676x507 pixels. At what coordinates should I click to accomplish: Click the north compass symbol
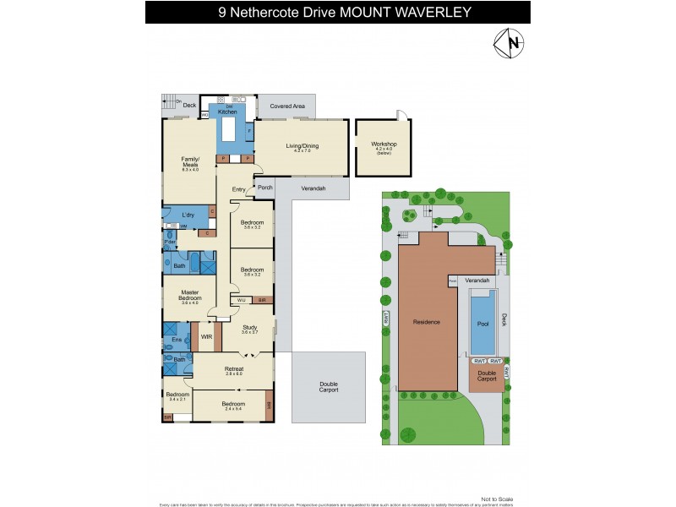tap(508, 43)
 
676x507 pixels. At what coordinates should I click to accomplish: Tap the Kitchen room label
tap(228, 112)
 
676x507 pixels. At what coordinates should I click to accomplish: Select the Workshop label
tap(384, 144)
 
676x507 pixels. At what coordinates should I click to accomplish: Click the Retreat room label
tap(234, 369)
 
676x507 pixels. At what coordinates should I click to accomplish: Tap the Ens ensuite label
tap(177, 340)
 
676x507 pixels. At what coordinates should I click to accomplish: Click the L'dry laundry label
tap(189, 215)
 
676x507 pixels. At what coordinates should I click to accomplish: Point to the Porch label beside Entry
tap(264, 188)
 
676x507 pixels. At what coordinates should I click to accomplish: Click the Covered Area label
tap(286, 107)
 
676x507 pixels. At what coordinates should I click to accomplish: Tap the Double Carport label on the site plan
tap(487, 376)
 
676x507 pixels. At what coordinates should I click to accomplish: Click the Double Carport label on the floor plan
tap(329, 387)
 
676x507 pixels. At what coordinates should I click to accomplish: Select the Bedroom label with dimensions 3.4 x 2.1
tap(177, 397)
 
